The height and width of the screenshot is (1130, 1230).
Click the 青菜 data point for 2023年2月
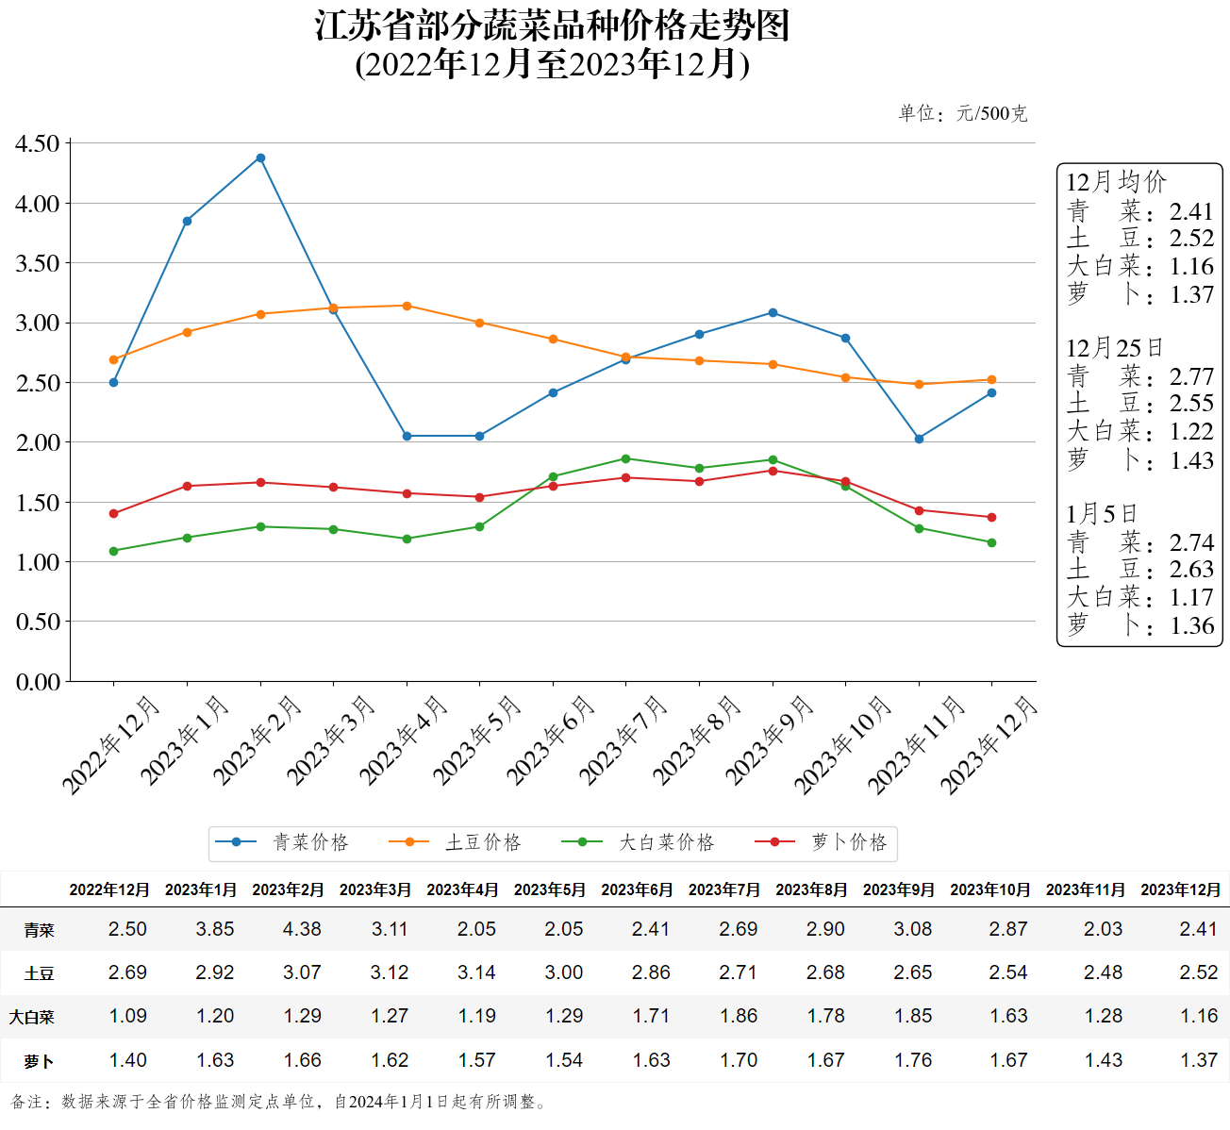click(x=260, y=158)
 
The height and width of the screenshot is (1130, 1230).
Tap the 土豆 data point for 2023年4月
click(x=407, y=306)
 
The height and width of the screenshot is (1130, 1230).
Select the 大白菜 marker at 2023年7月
click(x=626, y=459)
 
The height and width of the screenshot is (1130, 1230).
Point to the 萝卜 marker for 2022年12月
click(x=114, y=514)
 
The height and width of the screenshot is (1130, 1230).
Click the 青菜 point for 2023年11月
click(x=919, y=439)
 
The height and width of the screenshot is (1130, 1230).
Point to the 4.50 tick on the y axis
click(x=38, y=144)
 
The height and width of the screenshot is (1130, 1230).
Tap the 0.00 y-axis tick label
click(x=38, y=682)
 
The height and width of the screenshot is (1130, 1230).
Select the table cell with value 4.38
click(x=302, y=929)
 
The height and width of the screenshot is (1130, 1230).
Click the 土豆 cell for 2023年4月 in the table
click(x=476, y=972)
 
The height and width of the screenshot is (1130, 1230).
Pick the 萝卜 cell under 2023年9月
click(x=913, y=1060)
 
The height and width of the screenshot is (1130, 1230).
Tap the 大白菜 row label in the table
click(x=32, y=1017)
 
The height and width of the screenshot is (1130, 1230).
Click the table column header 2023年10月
click(x=990, y=889)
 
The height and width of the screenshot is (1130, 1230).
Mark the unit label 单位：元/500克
click(x=962, y=114)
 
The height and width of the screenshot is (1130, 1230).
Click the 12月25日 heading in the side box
click(x=1114, y=348)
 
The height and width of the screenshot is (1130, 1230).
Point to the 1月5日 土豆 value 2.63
click(x=1191, y=570)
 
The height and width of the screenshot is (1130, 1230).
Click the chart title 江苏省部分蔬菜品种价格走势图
click(x=553, y=25)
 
